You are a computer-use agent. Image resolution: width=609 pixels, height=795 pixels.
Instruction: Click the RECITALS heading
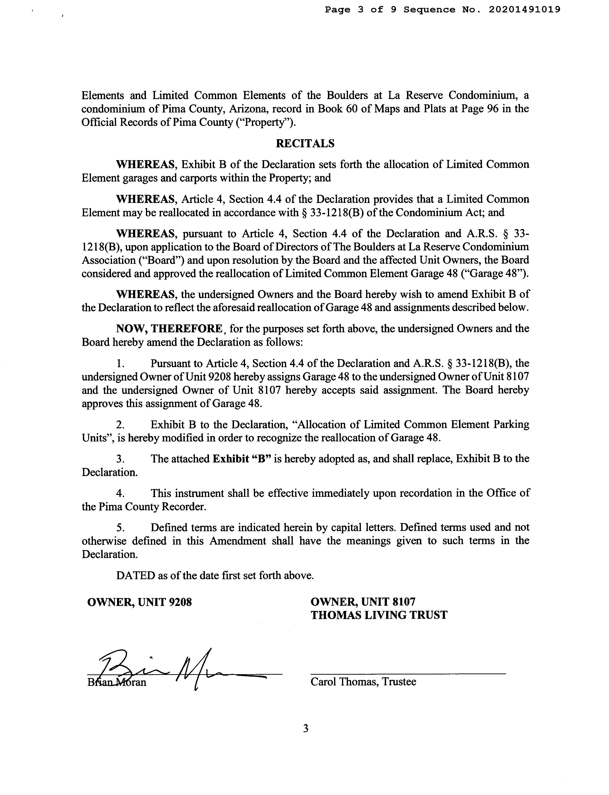click(x=305, y=143)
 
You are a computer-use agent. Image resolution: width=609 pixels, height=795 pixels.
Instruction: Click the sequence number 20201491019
click(x=524, y=10)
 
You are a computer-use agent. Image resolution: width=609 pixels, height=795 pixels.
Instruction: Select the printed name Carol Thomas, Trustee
click(x=363, y=682)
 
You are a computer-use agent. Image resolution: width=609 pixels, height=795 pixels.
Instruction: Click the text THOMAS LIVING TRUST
click(x=379, y=615)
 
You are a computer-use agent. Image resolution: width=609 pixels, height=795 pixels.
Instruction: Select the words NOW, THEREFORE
click(x=169, y=329)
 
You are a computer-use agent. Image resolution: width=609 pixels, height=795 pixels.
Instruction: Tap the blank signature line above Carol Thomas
click(x=408, y=673)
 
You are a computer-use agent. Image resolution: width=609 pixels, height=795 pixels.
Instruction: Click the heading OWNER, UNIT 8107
click(x=363, y=602)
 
